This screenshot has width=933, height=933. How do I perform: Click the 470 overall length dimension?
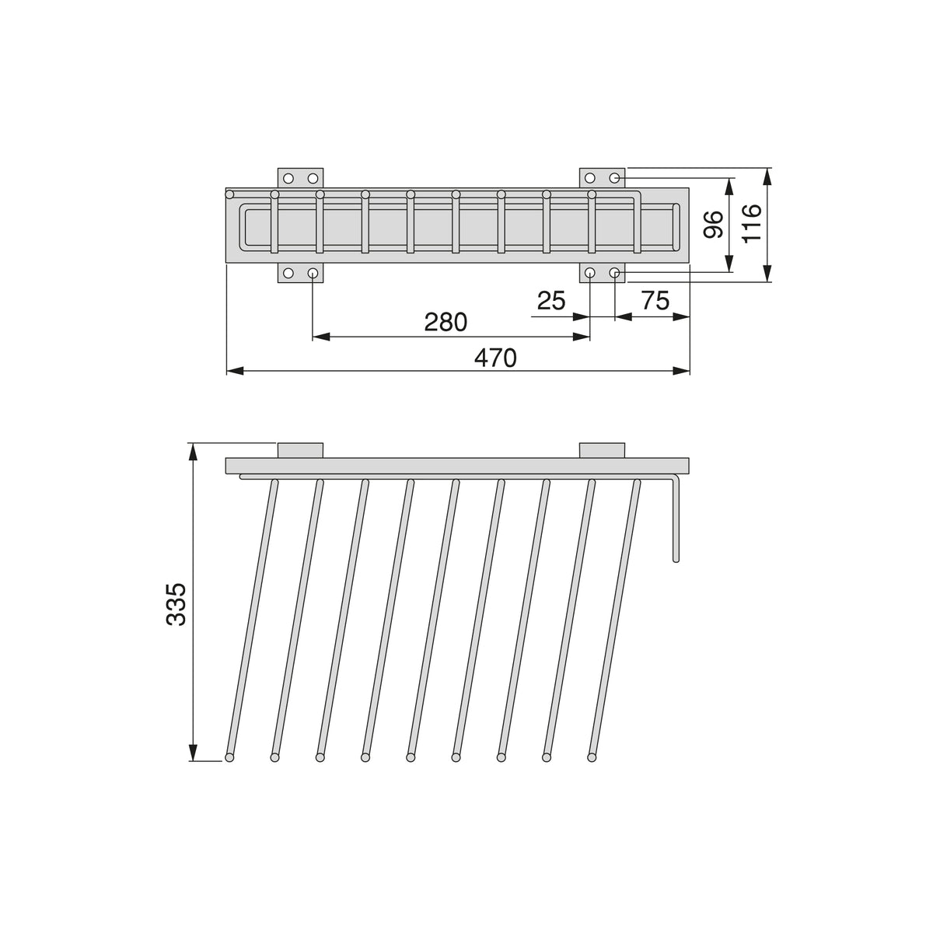click(x=495, y=358)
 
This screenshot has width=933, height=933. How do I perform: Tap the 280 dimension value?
click(x=446, y=322)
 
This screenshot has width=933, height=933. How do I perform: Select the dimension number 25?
click(x=551, y=301)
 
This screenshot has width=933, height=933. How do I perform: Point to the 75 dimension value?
click(x=655, y=300)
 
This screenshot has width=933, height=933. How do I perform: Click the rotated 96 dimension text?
click(x=713, y=225)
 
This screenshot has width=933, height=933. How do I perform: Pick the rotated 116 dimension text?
click(x=751, y=223)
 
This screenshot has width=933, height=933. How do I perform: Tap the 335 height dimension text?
click(x=176, y=604)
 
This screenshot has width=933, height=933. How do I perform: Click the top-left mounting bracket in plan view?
click(x=300, y=178)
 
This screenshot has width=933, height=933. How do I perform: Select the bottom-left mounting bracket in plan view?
click(x=300, y=273)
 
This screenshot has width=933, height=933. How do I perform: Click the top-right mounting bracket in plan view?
click(x=603, y=178)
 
